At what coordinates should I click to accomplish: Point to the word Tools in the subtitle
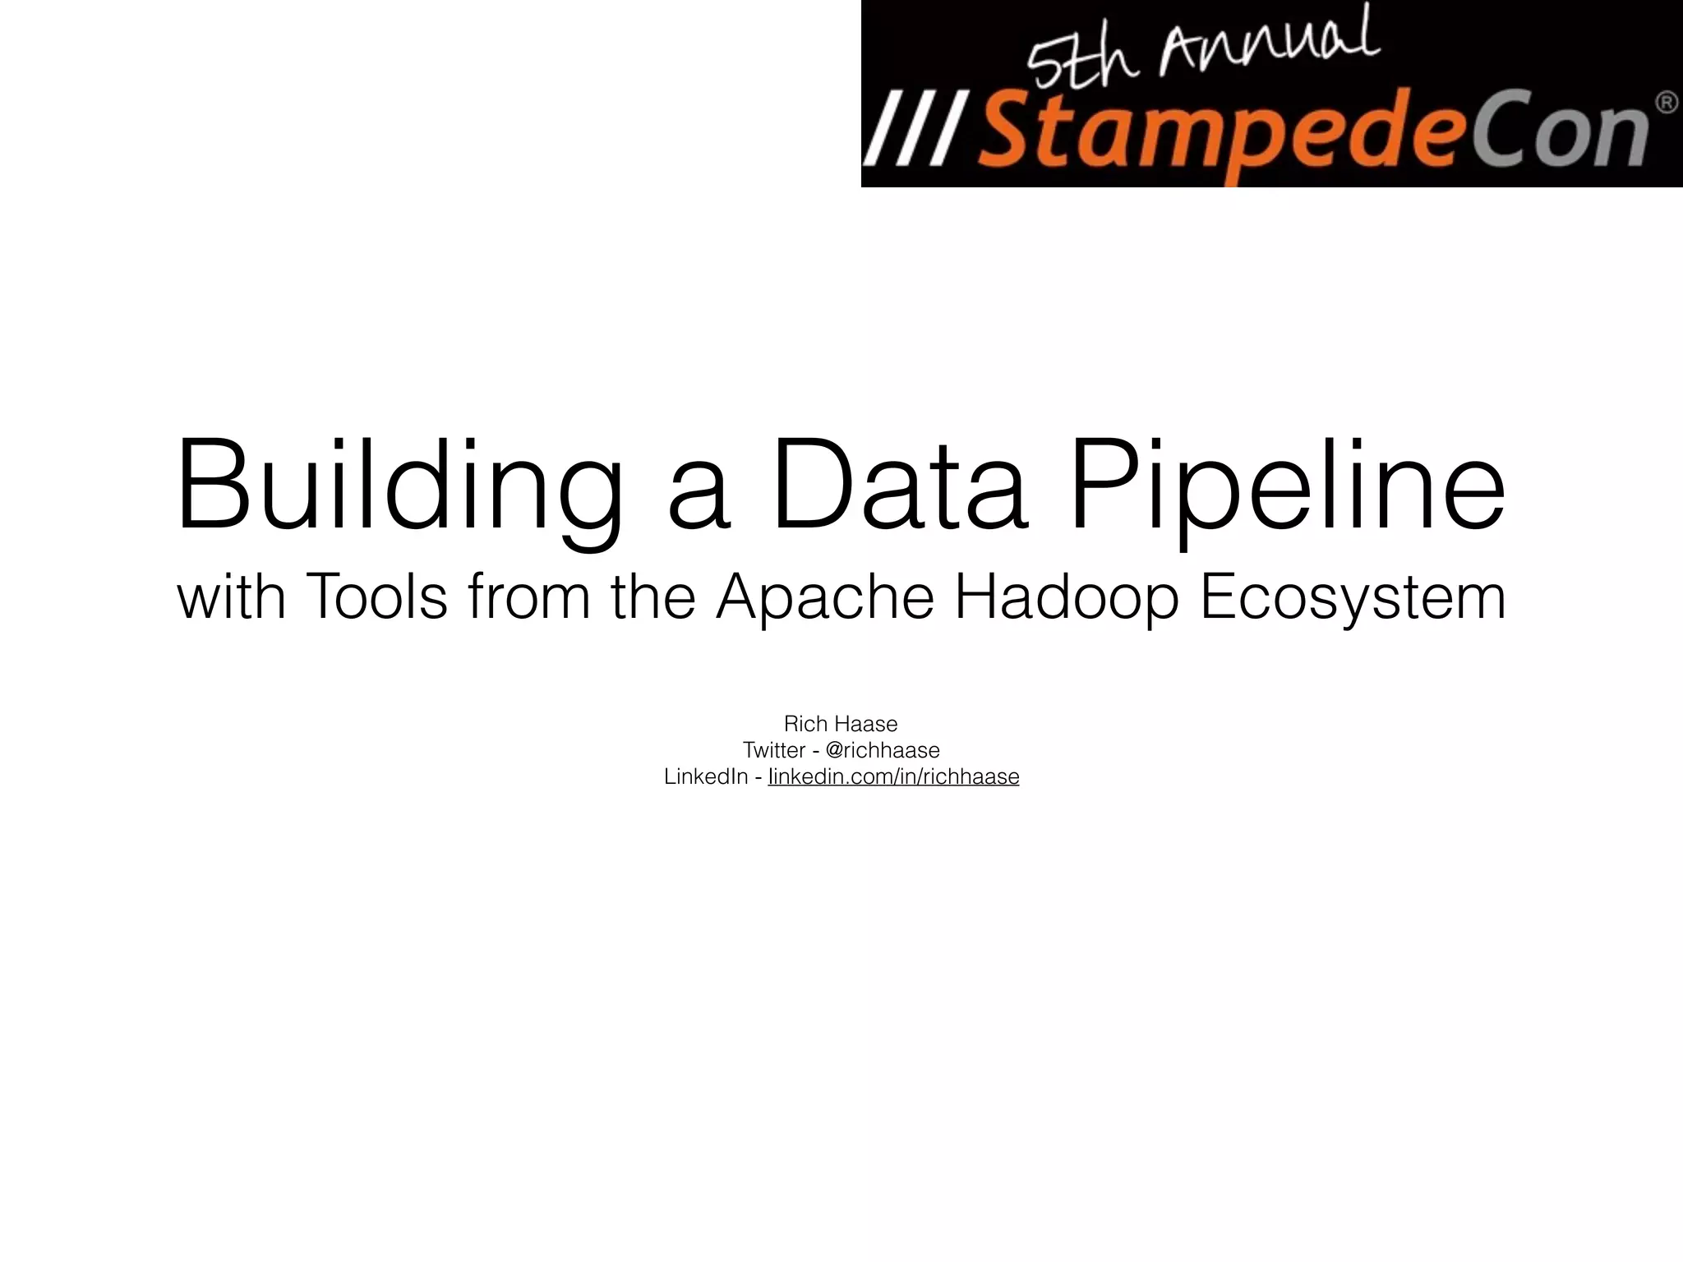pos(376,596)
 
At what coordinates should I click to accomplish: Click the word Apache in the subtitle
pos(825,598)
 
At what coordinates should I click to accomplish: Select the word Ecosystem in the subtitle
pos(1353,598)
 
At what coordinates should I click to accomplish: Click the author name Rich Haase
pos(841,724)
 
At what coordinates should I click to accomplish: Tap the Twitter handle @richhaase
pos(883,750)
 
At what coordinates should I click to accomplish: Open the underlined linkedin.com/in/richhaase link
pos(893,776)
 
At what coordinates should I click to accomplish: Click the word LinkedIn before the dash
pos(705,776)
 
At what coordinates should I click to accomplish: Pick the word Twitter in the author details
pos(774,750)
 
